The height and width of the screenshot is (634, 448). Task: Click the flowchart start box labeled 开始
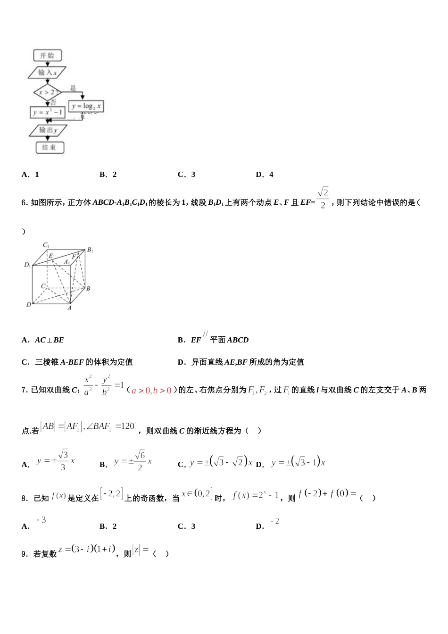click(x=47, y=56)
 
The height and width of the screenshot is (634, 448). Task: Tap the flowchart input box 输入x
click(x=47, y=73)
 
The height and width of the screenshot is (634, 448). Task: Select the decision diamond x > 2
click(x=47, y=92)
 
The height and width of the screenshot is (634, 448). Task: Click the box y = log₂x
click(x=86, y=107)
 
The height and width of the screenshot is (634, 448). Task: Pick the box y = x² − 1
click(x=47, y=113)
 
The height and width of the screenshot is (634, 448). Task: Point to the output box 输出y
click(x=48, y=130)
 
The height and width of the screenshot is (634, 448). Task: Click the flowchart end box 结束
click(x=49, y=148)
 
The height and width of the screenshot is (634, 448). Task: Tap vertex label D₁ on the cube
click(x=27, y=265)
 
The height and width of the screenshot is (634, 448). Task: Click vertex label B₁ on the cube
click(x=90, y=250)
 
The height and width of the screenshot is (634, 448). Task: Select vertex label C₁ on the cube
click(x=46, y=245)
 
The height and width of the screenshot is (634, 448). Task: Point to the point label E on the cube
click(x=51, y=256)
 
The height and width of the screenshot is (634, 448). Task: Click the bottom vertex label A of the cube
click(x=69, y=308)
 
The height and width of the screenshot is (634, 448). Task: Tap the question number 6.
click(x=24, y=203)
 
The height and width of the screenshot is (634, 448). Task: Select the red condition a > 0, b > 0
click(x=151, y=391)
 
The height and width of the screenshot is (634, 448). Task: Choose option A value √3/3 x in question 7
click(x=56, y=460)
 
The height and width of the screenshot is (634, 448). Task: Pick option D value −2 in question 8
click(x=275, y=521)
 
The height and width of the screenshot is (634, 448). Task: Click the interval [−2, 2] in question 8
click(x=111, y=494)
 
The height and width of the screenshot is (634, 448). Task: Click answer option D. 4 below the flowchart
click(x=265, y=175)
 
